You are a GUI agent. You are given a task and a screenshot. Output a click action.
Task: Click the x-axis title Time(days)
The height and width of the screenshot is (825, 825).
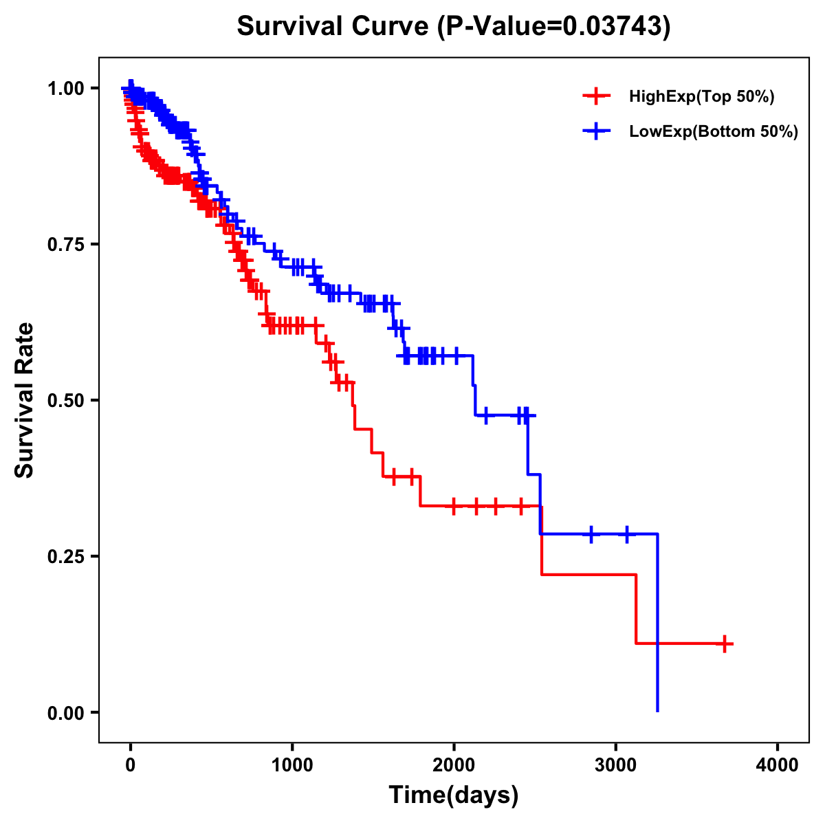454,795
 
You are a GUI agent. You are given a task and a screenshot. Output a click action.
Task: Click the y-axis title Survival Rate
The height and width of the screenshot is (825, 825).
25,400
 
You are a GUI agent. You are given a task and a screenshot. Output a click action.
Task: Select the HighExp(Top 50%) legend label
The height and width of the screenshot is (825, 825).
701,97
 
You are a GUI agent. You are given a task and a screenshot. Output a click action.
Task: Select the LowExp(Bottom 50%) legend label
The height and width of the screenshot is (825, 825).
714,131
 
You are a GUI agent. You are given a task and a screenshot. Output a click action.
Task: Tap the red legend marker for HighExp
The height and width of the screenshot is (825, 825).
596,97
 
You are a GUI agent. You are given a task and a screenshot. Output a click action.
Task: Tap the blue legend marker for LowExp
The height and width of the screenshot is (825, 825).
596,131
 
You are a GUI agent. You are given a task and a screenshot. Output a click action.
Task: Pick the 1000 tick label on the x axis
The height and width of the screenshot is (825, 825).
292,765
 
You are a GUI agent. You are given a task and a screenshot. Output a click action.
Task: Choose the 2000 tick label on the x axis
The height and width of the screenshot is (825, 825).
454,765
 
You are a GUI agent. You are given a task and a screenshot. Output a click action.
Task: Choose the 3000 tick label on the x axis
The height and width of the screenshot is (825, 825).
616,765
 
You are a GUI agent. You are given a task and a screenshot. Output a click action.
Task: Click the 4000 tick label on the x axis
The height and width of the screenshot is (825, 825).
778,765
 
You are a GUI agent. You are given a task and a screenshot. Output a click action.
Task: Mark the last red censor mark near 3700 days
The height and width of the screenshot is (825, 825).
725,643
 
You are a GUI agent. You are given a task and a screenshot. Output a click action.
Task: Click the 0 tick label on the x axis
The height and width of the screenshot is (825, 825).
131,765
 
